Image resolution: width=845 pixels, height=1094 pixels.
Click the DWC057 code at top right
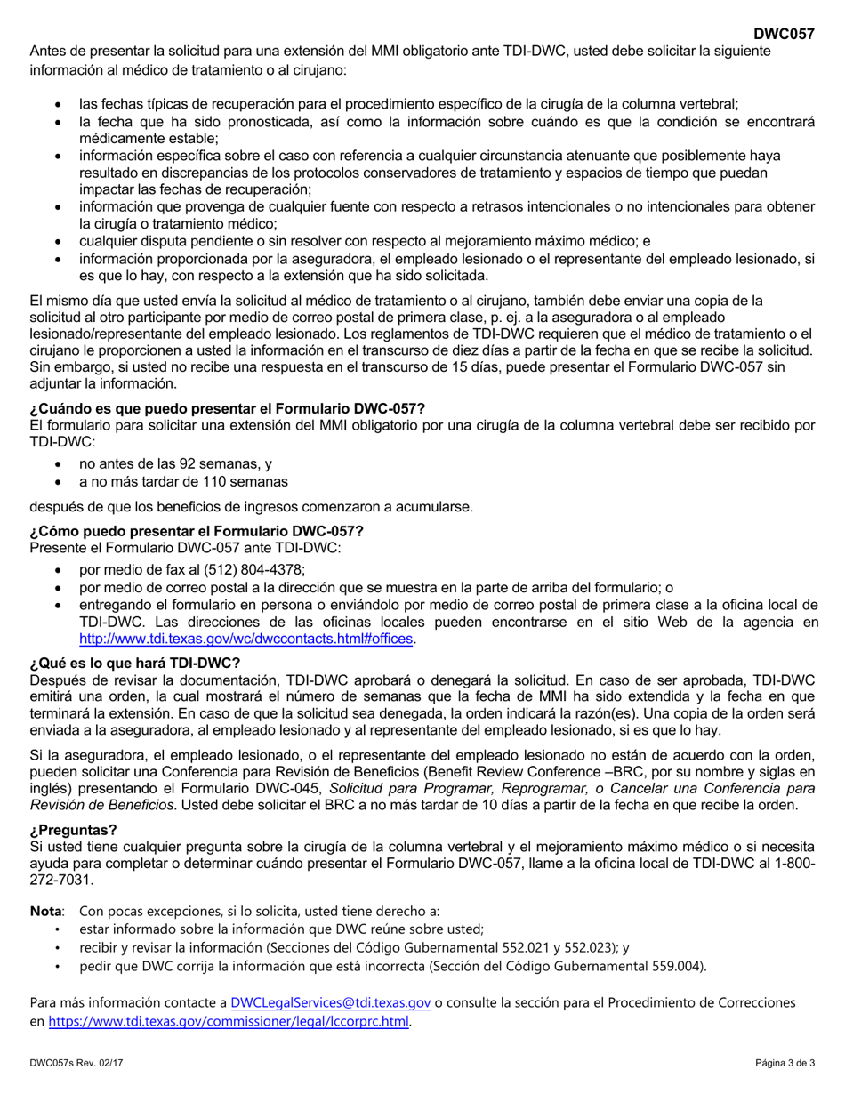(784, 35)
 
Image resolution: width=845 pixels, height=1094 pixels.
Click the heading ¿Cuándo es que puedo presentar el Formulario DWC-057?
(228, 409)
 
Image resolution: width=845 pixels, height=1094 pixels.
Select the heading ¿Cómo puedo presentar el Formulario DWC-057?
(197, 531)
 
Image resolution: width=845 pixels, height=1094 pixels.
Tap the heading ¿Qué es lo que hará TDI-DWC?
(135, 663)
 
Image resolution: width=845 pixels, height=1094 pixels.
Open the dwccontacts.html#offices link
(246, 639)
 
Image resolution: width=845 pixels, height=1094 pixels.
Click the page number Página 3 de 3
(785, 1063)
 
